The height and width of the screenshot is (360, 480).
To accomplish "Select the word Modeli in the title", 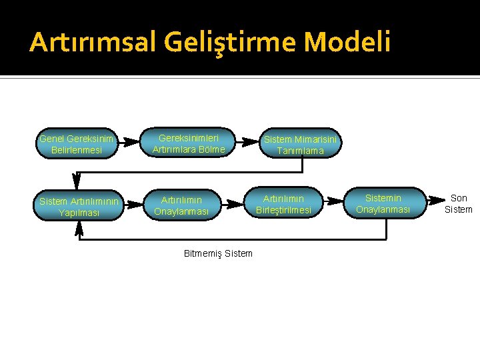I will click(x=347, y=43).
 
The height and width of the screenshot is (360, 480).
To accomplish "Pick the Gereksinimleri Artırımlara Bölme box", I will click(x=189, y=143).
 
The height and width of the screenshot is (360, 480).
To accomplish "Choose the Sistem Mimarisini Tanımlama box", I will click(x=301, y=145).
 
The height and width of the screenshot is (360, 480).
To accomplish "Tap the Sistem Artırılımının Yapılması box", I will click(x=79, y=207).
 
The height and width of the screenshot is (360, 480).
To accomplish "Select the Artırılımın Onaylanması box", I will click(x=181, y=205).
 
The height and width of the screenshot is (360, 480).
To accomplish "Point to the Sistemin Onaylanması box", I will click(x=383, y=204).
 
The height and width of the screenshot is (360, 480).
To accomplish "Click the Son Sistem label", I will click(x=459, y=203).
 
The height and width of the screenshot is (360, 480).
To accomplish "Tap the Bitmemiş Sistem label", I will click(x=218, y=253).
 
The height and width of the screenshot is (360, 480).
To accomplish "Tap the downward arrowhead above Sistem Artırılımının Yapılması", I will click(x=76, y=182).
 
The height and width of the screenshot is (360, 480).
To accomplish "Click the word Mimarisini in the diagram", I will click(x=317, y=139).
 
